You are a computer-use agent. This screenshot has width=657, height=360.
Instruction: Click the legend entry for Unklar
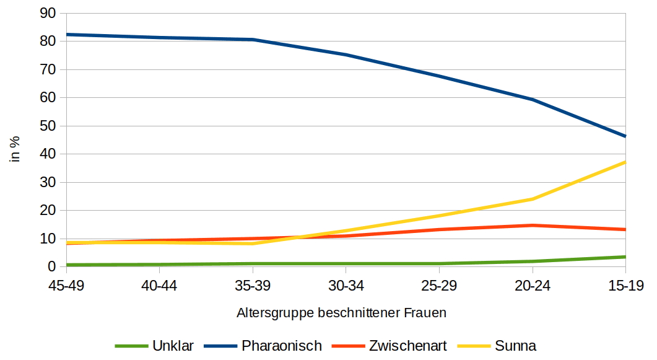coord(173,346)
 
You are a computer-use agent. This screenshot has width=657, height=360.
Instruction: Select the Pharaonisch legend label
coord(282,346)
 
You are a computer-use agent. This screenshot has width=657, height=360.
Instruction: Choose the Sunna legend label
coord(515,346)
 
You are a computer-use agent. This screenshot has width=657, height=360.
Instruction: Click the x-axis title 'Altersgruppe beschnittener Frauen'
coord(341,313)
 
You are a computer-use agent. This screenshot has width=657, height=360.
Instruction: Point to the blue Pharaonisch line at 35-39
coord(253,40)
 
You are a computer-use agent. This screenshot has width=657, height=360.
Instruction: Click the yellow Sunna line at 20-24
coord(533,199)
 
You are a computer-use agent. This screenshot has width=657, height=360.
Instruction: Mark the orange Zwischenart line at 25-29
coord(439,229)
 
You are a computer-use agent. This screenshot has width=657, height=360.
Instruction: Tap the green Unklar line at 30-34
coord(346,263)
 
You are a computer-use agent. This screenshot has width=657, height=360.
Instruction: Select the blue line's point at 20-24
coord(533,99)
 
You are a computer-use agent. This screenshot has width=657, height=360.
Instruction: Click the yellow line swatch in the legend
coord(474,346)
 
